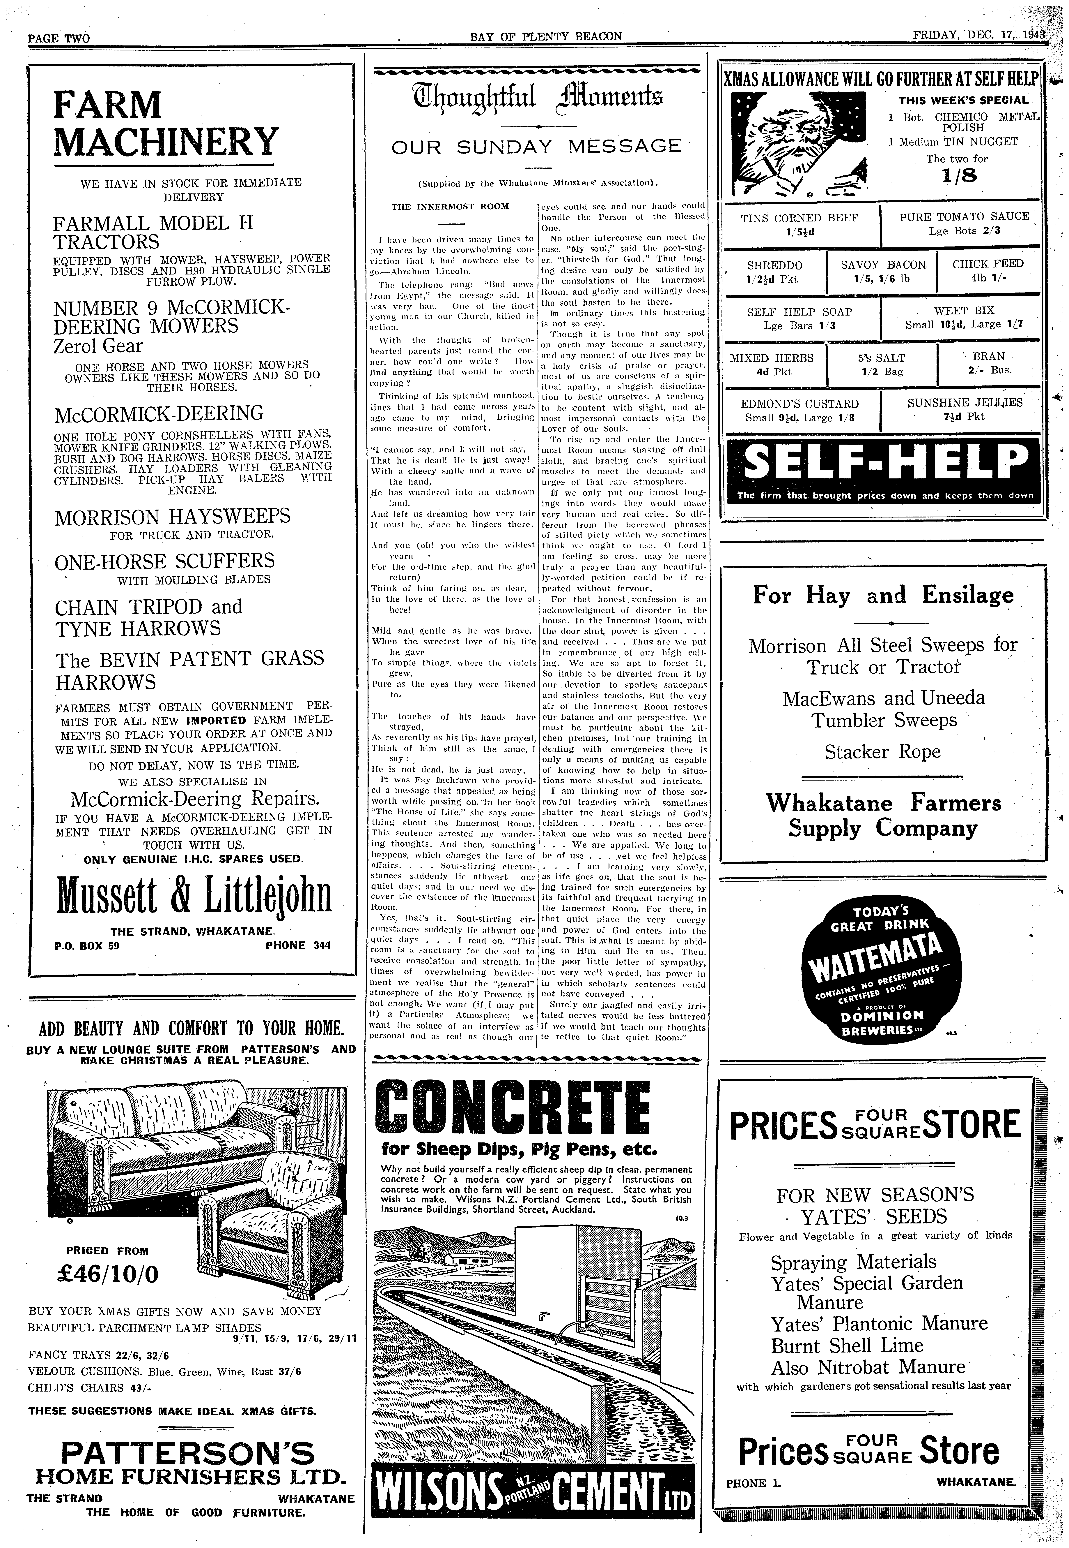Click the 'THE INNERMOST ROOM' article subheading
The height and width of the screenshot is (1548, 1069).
(x=450, y=206)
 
